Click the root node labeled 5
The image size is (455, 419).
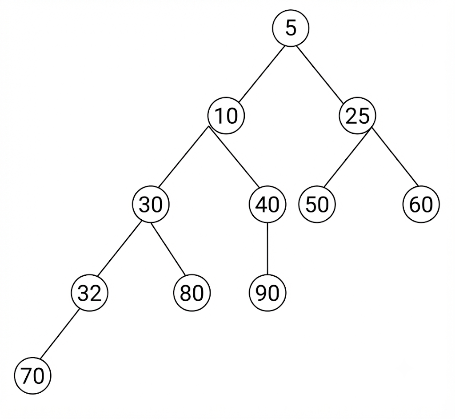[291, 28]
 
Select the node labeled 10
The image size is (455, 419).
[226, 116]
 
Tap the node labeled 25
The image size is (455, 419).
[358, 116]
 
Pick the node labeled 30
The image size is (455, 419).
[151, 205]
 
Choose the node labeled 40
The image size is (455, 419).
[267, 205]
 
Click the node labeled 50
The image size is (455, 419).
[317, 205]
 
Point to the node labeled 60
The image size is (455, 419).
[421, 205]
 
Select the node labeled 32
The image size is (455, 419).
[90, 293]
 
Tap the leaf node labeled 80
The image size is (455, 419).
[192, 293]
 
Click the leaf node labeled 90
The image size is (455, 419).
[267, 293]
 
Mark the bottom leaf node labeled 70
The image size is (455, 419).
[33, 376]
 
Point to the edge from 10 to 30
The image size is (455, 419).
[184, 157]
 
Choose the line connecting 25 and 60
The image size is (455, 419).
[395, 157]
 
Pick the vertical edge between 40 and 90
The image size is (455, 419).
[267, 249]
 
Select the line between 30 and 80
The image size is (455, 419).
[168, 249]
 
